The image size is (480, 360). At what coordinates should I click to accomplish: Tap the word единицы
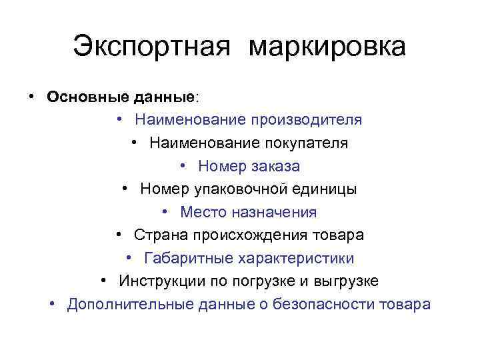tap(325, 189)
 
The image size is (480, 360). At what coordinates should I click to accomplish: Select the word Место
tap(203, 212)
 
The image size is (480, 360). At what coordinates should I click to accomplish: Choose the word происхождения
tap(250, 235)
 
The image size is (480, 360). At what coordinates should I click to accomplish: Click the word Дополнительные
tap(131, 304)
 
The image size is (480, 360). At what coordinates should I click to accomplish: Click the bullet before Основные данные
tap(32, 97)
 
